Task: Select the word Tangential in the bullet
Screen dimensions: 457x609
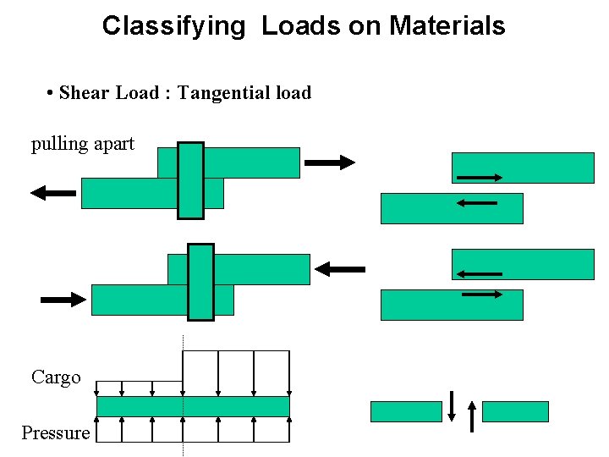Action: point(213,93)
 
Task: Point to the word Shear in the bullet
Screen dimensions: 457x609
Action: point(85,93)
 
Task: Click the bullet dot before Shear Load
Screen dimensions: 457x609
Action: point(52,93)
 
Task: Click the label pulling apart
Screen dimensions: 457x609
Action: point(83,144)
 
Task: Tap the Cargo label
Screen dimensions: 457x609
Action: point(56,377)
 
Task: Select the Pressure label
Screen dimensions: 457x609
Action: point(56,433)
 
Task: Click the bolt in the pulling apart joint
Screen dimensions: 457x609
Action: point(190,180)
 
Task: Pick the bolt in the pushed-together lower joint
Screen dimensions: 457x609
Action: point(200,282)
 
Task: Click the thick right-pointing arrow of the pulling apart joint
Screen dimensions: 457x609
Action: point(329,162)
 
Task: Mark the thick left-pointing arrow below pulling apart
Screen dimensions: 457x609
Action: point(53,193)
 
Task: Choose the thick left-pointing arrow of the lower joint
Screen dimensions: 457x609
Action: point(340,269)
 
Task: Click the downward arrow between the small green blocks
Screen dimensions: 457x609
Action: point(452,405)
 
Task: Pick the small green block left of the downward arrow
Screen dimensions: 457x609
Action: point(406,411)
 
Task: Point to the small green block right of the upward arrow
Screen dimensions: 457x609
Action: point(515,411)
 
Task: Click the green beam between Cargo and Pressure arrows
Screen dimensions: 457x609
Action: point(193,406)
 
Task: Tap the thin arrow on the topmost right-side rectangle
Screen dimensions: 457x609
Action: point(480,178)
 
